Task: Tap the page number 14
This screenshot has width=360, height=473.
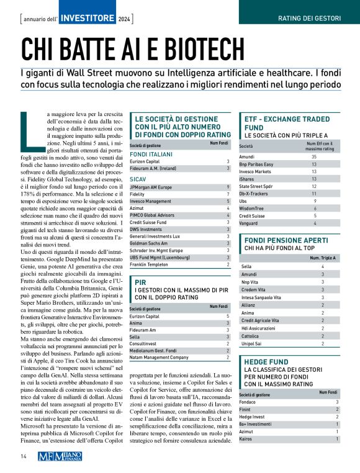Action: (x=23, y=456)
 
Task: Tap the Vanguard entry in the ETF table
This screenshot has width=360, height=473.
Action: (x=250, y=223)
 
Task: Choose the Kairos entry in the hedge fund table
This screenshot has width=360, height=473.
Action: (x=246, y=439)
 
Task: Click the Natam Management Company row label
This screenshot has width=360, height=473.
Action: (x=158, y=358)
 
